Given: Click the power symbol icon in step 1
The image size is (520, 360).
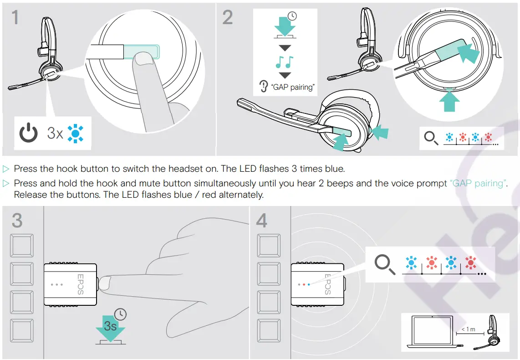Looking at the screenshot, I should (x=28, y=133).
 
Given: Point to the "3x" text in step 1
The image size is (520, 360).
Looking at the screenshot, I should (x=55, y=133).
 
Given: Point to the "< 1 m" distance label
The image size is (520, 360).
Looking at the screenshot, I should (x=468, y=329).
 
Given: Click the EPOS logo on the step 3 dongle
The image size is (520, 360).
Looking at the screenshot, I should (x=80, y=283).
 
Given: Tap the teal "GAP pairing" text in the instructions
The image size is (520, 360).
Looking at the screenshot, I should (x=478, y=184).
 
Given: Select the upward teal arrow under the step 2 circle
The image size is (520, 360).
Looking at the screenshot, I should (x=450, y=100).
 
